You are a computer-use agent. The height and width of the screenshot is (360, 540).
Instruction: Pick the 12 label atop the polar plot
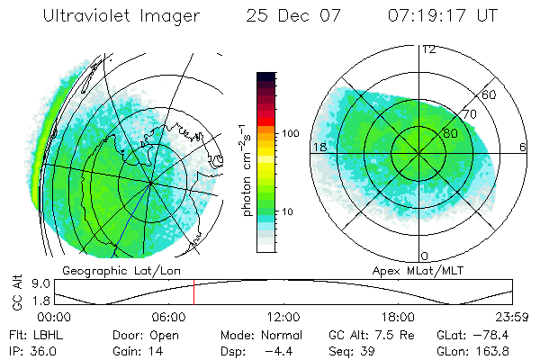click(429, 49)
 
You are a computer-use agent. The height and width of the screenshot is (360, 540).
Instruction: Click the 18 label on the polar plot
click(319, 147)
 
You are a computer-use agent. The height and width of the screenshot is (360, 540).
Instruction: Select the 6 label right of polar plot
click(523, 147)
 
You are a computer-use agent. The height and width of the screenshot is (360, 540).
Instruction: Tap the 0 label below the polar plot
click(425, 256)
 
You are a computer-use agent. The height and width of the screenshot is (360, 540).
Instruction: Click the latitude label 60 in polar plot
click(490, 94)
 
